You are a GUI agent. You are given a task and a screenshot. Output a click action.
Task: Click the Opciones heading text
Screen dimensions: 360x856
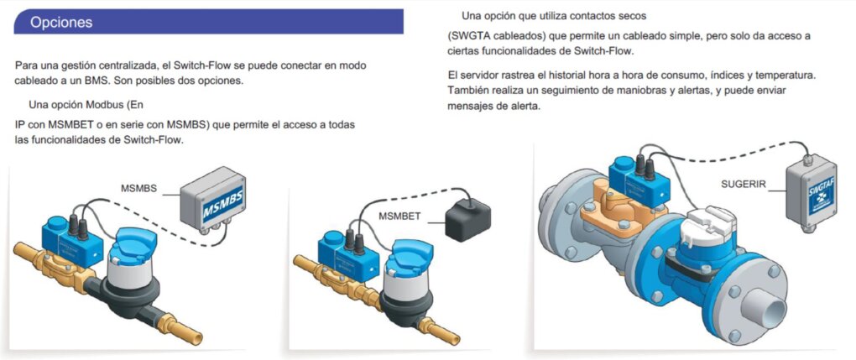[x=61, y=23]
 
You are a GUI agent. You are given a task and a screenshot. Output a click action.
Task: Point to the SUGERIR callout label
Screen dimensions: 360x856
[x=744, y=183]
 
